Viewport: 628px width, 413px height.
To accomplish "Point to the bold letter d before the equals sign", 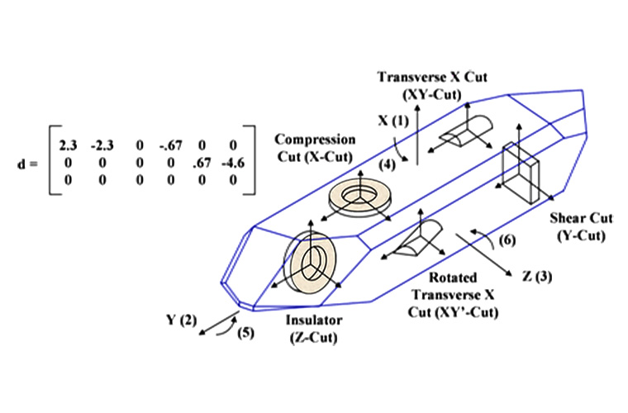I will coord(21,162).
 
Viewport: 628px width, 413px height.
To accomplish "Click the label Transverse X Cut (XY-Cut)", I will coord(432,84).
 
